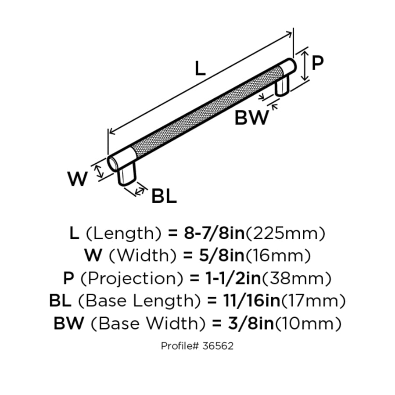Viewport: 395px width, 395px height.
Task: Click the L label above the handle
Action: pyautogui.click(x=200, y=68)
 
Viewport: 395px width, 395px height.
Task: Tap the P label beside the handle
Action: pyautogui.click(x=317, y=63)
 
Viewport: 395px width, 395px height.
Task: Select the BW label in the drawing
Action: pyautogui.click(x=251, y=117)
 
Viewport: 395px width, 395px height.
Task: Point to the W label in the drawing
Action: pyautogui.click(x=77, y=179)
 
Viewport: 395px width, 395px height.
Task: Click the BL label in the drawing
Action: pyautogui.click(x=164, y=197)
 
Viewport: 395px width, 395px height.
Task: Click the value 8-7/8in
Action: pyautogui.click(x=214, y=233)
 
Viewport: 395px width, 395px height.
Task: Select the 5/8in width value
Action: pyautogui.click(x=222, y=255)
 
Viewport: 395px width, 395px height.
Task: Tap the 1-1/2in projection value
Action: pyautogui.click(x=233, y=278)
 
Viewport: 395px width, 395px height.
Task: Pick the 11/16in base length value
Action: pyautogui.click(x=251, y=301)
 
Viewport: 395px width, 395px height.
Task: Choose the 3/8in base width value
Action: pyautogui.click(x=251, y=323)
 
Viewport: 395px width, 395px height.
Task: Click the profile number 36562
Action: pyautogui.click(x=218, y=346)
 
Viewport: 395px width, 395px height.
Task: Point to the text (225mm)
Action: pyautogui.click(x=285, y=233)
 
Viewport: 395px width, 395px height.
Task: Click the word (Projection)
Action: pyautogui.click(x=132, y=278)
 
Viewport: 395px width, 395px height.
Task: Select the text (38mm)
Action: pyautogui.click(x=297, y=278)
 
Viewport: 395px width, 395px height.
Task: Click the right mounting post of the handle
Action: pyautogui.click(x=282, y=86)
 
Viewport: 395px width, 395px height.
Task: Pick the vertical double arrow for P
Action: pyautogui.click(x=305, y=65)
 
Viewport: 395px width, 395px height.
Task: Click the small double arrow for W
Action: pyautogui.click(x=99, y=171)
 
